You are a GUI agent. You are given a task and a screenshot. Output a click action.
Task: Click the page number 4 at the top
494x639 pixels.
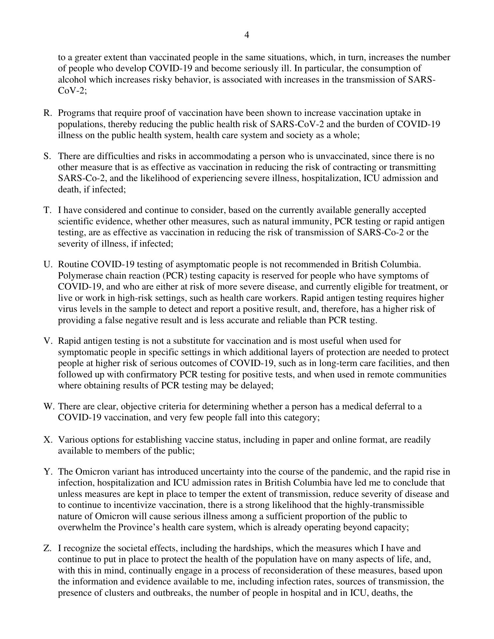pos(247,35)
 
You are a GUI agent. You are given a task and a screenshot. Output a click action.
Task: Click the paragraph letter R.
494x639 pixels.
pos(47,113)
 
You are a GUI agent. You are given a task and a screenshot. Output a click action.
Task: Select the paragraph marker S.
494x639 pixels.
pos(47,156)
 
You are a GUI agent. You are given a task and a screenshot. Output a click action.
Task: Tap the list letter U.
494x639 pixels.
pos(47,265)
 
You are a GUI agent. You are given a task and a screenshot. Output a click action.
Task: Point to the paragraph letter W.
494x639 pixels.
pos(48,406)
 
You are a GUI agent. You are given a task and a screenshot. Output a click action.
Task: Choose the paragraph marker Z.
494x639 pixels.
pos(47,548)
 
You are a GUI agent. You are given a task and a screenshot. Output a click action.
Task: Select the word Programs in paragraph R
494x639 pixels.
pos(76,113)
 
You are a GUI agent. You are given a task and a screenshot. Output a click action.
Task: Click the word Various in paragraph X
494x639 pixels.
pos(73,440)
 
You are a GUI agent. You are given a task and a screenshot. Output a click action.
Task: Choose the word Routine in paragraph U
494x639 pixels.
pos(73,265)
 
